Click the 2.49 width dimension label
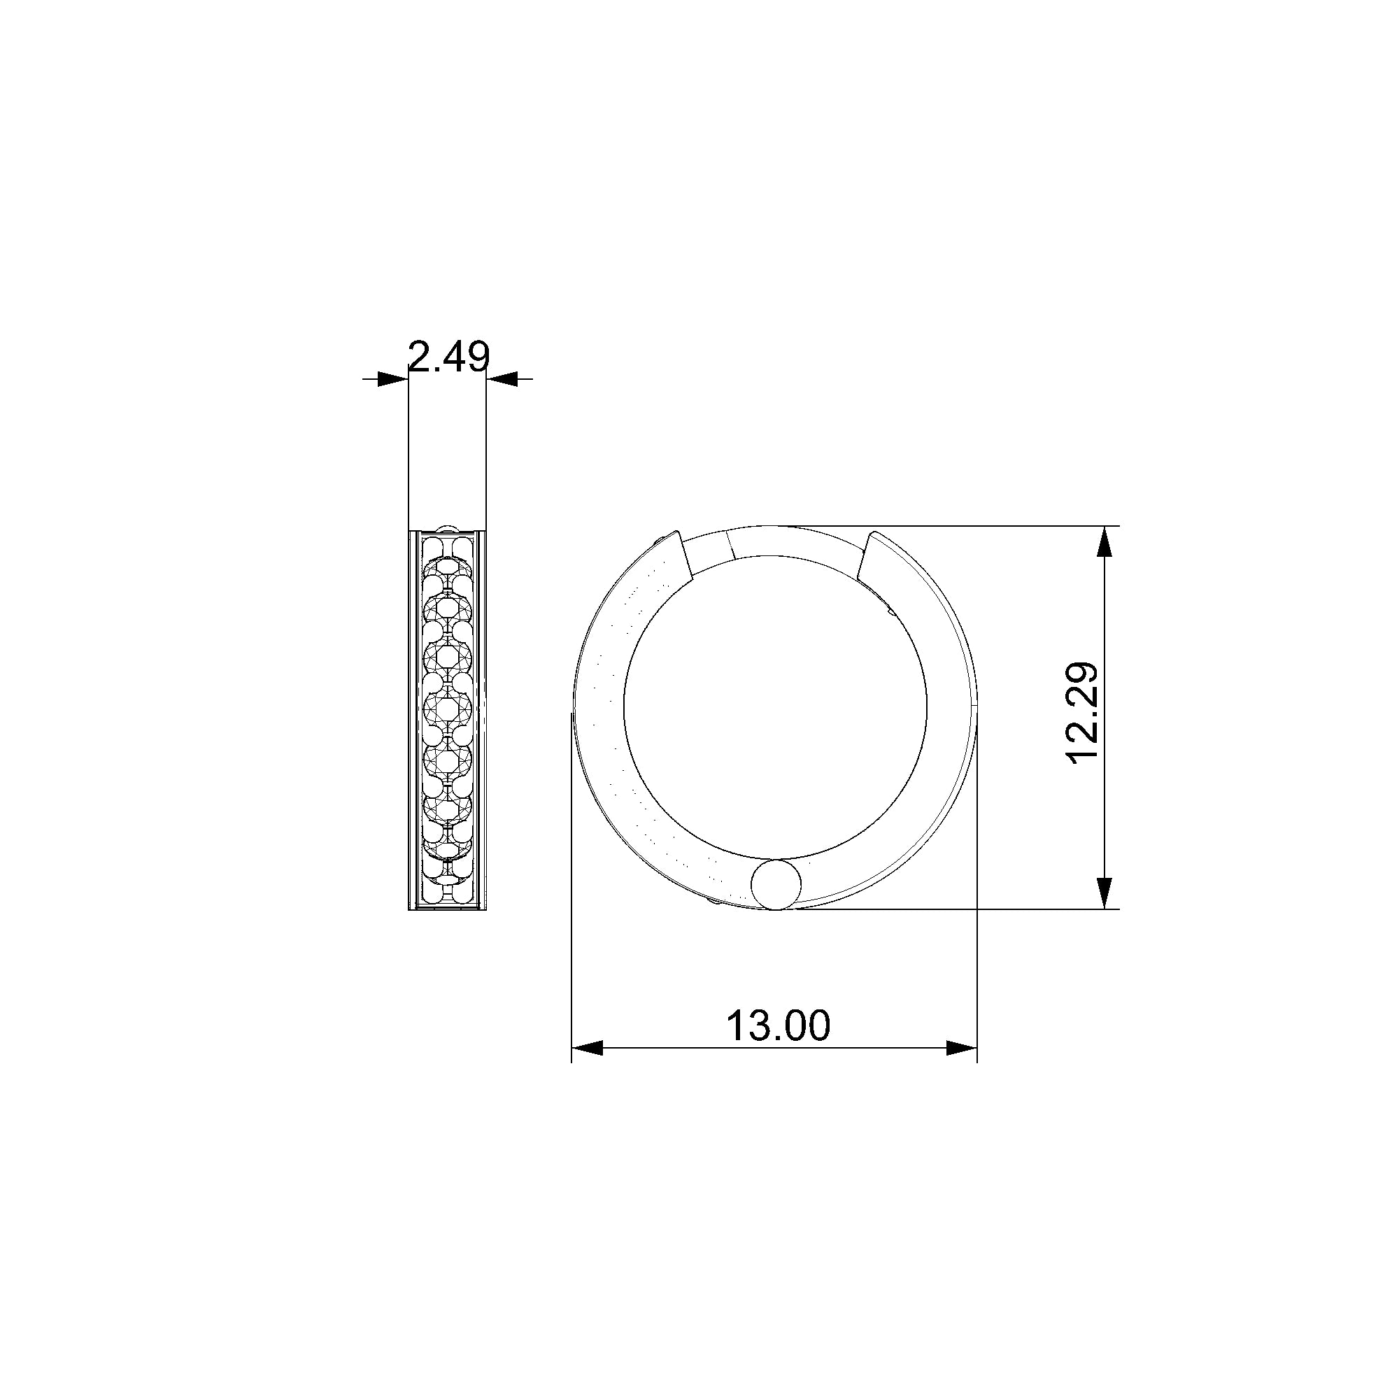coord(449,357)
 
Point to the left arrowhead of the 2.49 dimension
coord(392,378)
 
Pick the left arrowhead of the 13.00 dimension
coord(588,1048)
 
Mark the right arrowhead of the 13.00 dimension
coord(962,1048)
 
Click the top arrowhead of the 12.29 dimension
coord(1105,541)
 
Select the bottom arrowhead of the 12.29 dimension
coord(1105,893)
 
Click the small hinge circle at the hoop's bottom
coord(776,884)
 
